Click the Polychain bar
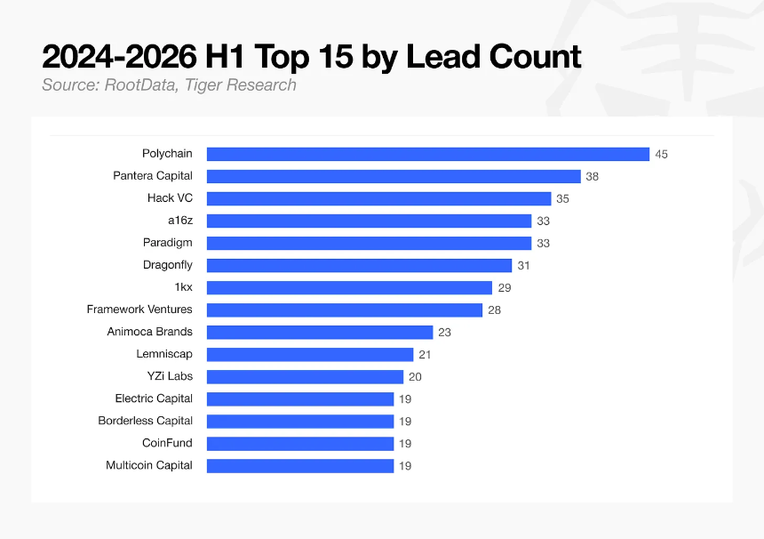pyautogui.click(x=428, y=154)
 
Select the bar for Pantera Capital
pyautogui.click(x=394, y=176)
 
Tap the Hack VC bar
pyautogui.click(x=378, y=198)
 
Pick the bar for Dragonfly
pyautogui.click(x=359, y=265)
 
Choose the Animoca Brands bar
pyautogui.click(x=320, y=332)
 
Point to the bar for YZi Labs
pyautogui.click(x=305, y=376)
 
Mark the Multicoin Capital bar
pyautogui.click(x=300, y=466)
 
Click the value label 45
pyautogui.click(x=661, y=155)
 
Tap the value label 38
pyautogui.click(x=592, y=177)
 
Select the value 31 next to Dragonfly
pyautogui.click(x=523, y=266)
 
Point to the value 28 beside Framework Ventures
pyautogui.click(x=494, y=310)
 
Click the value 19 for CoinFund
pyautogui.click(x=405, y=444)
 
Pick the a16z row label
pyautogui.click(x=180, y=221)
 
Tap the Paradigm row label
pyautogui.click(x=168, y=243)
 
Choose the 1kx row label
pyautogui.click(x=184, y=287)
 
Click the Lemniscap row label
pyautogui.click(x=164, y=354)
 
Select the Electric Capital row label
pyautogui.click(x=154, y=398)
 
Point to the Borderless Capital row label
pyautogui.click(x=145, y=421)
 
